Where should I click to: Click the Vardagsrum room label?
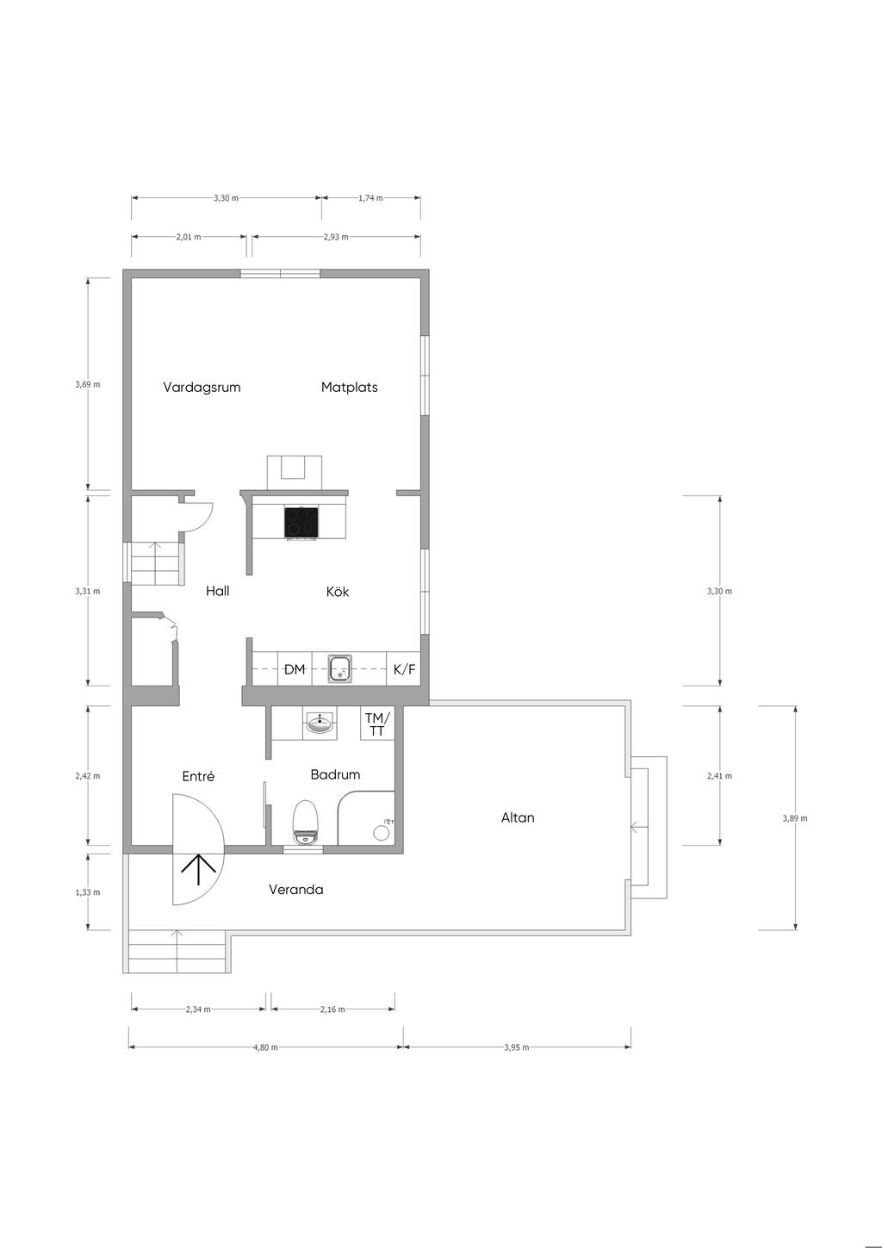coord(202,388)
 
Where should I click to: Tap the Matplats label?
coord(350,388)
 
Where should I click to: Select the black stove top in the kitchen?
coord(301,523)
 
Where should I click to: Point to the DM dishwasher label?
coord(295,669)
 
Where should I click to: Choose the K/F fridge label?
coord(405,669)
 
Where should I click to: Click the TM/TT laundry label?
coord(378,723)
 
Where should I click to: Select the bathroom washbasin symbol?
coord(320,723)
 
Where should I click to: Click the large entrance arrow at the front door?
coord(199,870)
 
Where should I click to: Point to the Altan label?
coord(518,818)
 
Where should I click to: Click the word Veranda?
coord(295,890)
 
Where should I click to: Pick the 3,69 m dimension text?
coord(88,384)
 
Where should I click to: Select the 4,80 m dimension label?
coord(265,1047)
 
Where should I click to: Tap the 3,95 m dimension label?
coord(517,1047)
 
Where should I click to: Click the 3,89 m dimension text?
coord(794,818)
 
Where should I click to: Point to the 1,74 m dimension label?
coord(370,198)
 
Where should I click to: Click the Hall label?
coord(217,591)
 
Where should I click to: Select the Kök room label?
coord(338,591)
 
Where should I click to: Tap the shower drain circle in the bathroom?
coord(381,833)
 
